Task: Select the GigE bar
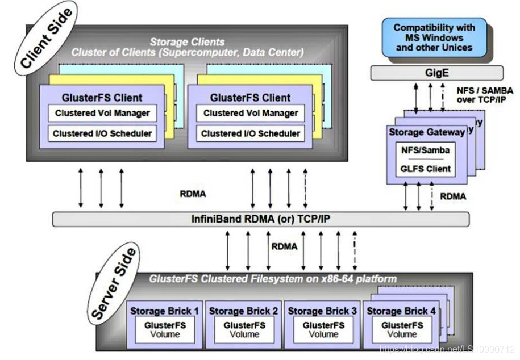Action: (436, 73)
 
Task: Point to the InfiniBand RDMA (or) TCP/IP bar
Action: (261, 219)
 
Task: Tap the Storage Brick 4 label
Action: (401, 311)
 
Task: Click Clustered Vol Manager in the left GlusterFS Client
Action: (102, 113)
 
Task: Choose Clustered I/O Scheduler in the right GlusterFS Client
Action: (250, 134)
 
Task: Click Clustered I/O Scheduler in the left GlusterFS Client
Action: (102, 134)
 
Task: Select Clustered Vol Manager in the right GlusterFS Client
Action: (250, 113)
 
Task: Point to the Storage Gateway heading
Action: (426, 132)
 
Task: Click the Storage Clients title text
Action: (187, 42)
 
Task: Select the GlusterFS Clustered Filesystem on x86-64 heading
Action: (273, 279)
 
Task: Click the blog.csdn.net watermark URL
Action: (447, 348)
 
